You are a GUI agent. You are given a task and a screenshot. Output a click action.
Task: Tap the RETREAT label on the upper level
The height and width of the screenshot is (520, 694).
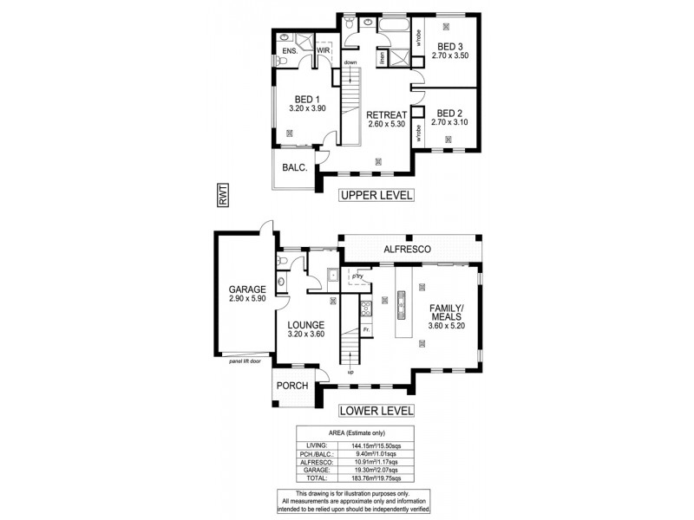coord(386,114)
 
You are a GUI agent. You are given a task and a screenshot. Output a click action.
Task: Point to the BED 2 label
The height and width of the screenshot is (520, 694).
coord(449,113)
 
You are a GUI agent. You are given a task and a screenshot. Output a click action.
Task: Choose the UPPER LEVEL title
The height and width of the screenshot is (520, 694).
coord(376,195)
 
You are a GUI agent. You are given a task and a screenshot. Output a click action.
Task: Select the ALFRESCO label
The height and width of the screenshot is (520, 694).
coord(414,249)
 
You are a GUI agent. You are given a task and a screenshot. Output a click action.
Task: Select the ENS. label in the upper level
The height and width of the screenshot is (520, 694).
coord(290,51)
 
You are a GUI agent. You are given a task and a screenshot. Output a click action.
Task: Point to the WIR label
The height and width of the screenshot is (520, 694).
coord(323,51)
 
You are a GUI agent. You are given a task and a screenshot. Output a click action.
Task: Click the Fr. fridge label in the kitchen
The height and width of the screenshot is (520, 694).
coord(368,330)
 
